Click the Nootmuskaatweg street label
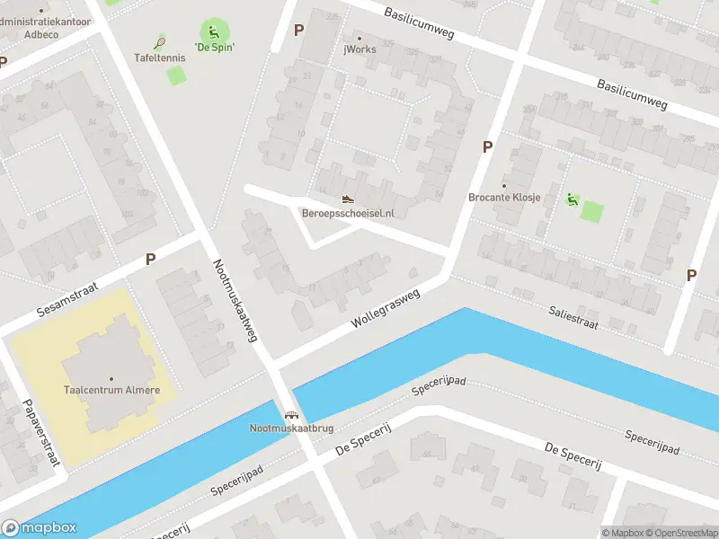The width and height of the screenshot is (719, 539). point(235,301)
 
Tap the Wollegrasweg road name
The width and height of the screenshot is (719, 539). point(386,307)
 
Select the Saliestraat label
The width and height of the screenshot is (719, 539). point(573,317)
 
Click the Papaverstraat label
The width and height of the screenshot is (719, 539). point(40,432)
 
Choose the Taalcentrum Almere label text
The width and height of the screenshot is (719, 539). point(111,390)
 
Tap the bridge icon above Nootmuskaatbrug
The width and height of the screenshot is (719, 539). point(290,415)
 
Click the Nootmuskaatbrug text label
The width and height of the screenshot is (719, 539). point(290,428)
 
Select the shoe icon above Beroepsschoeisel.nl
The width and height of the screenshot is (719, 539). point(348,199)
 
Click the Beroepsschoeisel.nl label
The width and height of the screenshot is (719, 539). point(348,213)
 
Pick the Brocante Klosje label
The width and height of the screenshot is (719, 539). point(504,198)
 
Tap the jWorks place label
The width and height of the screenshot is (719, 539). point(359,49)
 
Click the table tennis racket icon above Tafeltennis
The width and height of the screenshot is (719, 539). point(160,41)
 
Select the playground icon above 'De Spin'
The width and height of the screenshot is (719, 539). point(214,31)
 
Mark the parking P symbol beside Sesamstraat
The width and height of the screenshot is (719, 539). point(150,259)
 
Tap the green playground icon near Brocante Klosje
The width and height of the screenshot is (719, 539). point(572,199)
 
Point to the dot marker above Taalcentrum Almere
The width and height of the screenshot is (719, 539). point(111,378)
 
